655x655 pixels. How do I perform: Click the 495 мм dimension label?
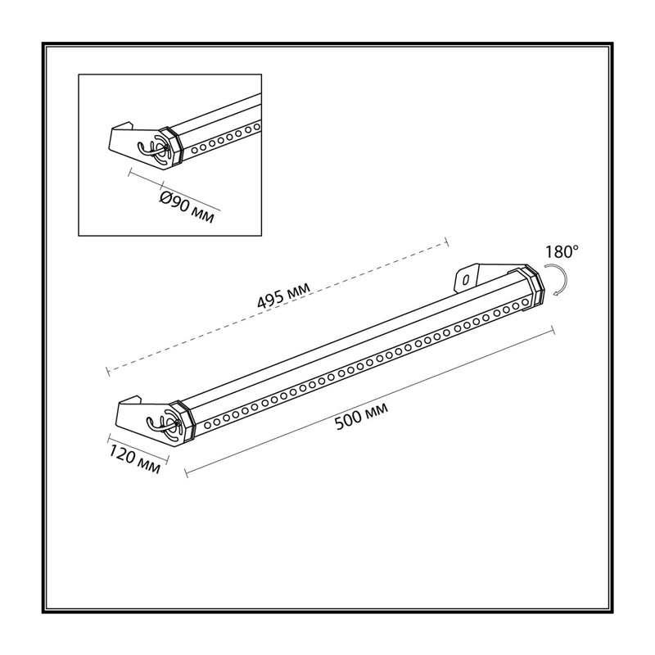pos(284,295)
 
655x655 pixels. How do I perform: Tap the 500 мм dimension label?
pos(362,416)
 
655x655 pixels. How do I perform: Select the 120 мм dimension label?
pos(135,459)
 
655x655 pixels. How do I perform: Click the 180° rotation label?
pos(562,252)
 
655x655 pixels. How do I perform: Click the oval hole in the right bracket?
pos(466,278)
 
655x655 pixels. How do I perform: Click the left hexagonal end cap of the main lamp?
pos(183,421)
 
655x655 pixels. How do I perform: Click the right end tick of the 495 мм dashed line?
pos(446,242)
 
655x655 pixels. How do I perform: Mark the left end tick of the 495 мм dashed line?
pos(108,371)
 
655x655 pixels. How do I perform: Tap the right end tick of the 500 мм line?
pos(553,330)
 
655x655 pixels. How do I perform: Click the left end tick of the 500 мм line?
pos(186,472)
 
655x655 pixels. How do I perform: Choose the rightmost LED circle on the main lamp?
pos(525,302)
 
